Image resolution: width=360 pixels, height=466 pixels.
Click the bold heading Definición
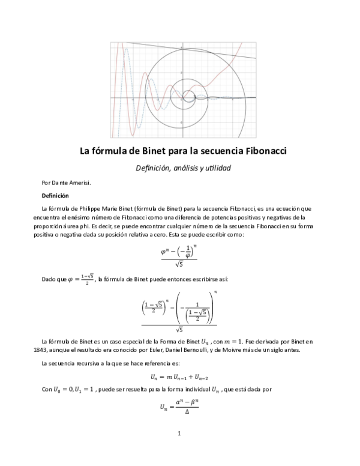(55, 195)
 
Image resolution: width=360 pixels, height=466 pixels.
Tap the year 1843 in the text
(49, 351)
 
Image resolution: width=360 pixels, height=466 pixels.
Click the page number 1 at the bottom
(179, 433)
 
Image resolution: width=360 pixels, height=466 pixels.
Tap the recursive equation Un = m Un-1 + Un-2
(179, 377)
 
